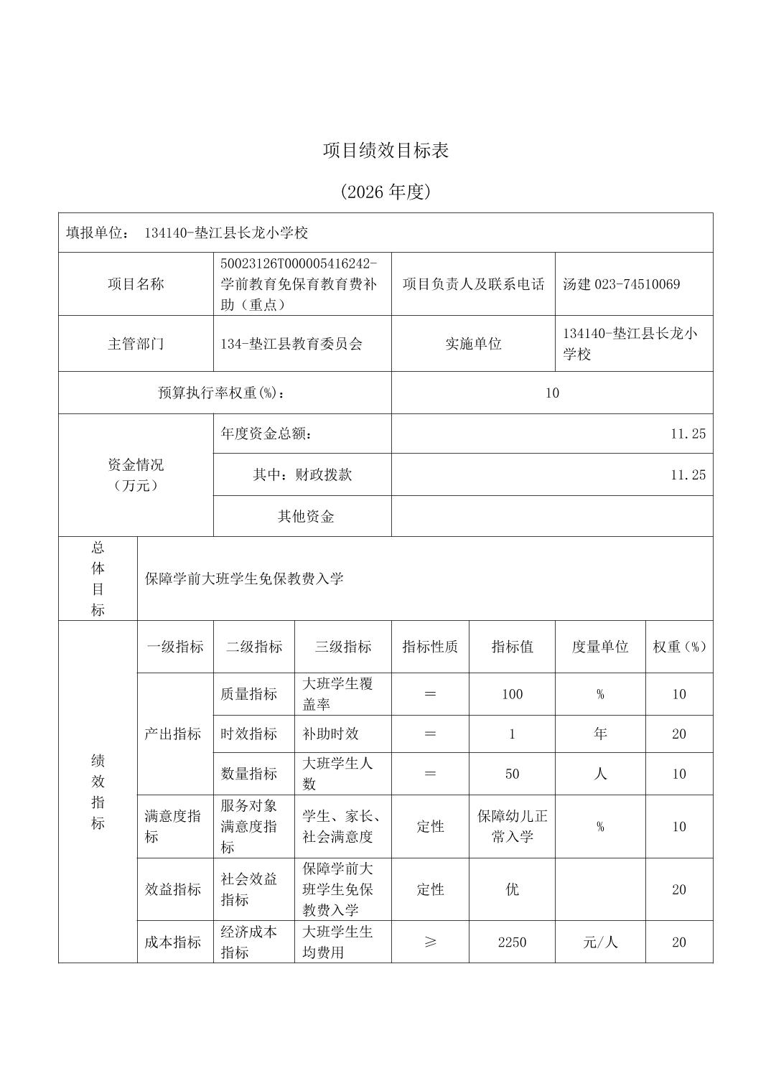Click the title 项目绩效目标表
pyautogui.click(x=385, y=151)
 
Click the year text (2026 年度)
pyautogui.click(x=385, y=192)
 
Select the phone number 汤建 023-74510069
pyautogui.click(x=621, y=284)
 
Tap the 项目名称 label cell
pyautogui.click(x=136, y=284)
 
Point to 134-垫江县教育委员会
pyautogui.click(x=291, y=344)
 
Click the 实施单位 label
pyautogui.click(x=473, y=344)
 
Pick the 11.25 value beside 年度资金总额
pyautogui.click(x=688, y=434)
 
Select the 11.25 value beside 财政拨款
pyautogui.click(x=688, y=475)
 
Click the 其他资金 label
pyautogui.click(x=306, y=517)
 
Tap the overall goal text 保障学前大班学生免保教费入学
pyautogui.click(x=244, y=579)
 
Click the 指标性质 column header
pyautogui.click(x=430, y=647)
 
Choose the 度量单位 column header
pyautogui.click(x=600, y=647)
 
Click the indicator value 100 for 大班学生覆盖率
pyautogui.click(x=512, y=694)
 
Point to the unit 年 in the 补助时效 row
pyautogui.click(x=600, y=734)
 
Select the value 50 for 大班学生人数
pyautogui.click(x=512, y=774)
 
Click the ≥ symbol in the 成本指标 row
pyautogui.click(x=430, y=942)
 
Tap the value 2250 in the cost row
pyautogui.click(x=512, y=942)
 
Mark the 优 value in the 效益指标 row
pyautogui.click(x=512, y=889)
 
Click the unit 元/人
pyautogui.click(x=600, y=942)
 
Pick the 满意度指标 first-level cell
pyautogui.click(x=173, y=826)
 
